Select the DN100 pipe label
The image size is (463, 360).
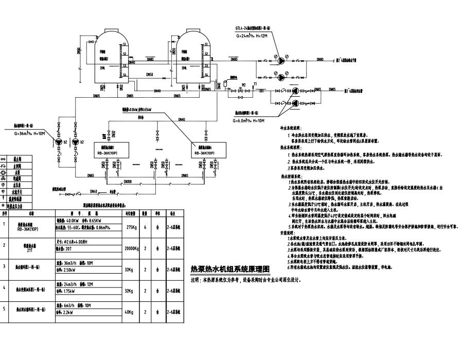(x=127, y=181)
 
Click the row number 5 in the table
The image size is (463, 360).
(x=4, y=309)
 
